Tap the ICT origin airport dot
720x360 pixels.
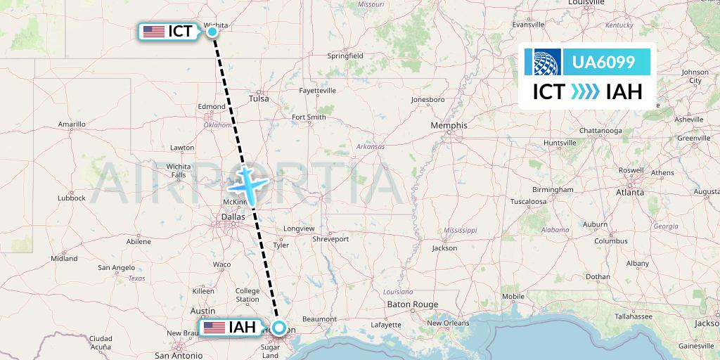pyautogui.click(x=212, y=31)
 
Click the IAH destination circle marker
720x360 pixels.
pyautogui.click(x=280, y=328)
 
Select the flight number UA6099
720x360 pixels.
pyautogui.click(x=604, y=63)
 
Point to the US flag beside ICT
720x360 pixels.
pyautogui.click(x=153, y=31)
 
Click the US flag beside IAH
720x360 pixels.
pyautogui.click(x=214, y=328)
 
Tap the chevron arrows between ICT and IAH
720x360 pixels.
pyautogui.click(x=585, y=92)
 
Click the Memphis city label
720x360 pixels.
pyautogui.click(x=450, y=125)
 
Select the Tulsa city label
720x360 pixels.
pyautogui.click(x=259, y=98)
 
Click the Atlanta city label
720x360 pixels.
pyautogui.click(x=630, y=191)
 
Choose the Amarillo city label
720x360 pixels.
pyautogui.click(x=71, y=124)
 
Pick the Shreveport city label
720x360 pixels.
pyautogui.click(x=330, y=239)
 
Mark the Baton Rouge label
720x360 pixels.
pyautogui.click(x=412, y=304)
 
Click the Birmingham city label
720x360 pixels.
pyautogui.click(x=553, y=190)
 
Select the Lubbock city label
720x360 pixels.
pyautogui.click(x=72, y=198)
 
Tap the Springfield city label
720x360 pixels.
pyautogui.click(x=345, y=56)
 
